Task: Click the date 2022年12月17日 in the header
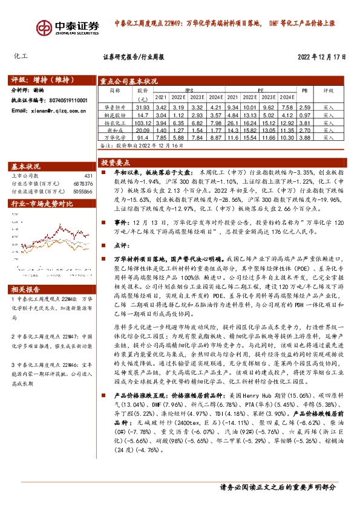coord(321,57)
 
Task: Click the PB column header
coord(305,89)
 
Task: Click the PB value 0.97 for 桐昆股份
coord(305,114)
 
